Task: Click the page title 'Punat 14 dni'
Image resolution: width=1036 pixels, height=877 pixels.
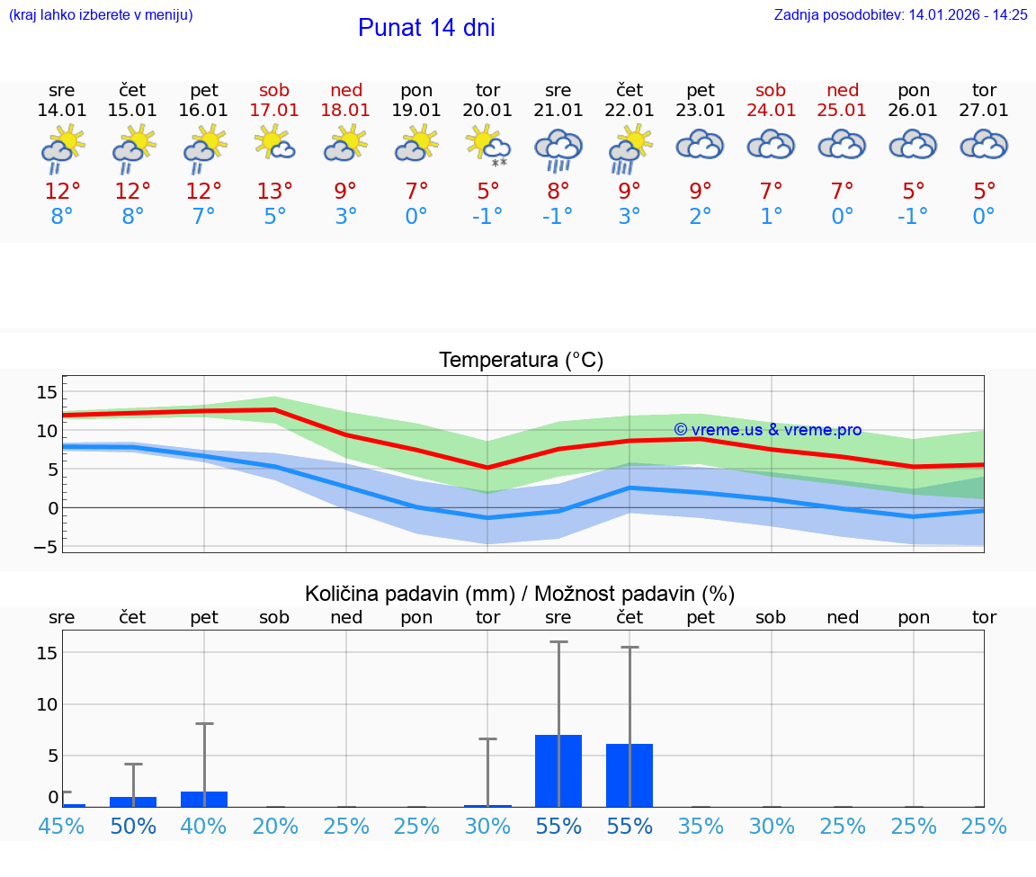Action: [x=426, y=28]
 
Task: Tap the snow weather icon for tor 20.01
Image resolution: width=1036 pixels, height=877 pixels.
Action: [x=487, y=147]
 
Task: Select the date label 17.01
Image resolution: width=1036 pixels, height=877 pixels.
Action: [x=274, y=111]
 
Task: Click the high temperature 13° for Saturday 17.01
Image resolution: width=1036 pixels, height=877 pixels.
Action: [x=274, y=192]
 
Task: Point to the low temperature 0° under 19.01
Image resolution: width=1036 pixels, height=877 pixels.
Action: [x=416, y=217]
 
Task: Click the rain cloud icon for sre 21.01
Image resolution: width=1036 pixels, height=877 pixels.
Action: [x=558, y=149]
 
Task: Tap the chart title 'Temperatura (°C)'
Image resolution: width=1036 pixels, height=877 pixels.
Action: [x=521, y=361]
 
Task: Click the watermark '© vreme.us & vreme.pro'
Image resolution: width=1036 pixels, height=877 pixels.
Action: [x=767, y=430]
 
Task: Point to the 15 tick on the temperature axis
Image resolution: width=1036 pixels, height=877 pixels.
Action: [x=47, y=392]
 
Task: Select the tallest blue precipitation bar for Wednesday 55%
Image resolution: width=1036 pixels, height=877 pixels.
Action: [x=558, y=771]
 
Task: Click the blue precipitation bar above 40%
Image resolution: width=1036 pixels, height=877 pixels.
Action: [x=204, y=799]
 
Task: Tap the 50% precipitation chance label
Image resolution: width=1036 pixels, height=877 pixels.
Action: [x=133, y=827]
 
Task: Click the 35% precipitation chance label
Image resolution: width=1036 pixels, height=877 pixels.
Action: [x=701, y=827]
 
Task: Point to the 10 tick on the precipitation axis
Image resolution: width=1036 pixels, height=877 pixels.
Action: [x=47, y=704]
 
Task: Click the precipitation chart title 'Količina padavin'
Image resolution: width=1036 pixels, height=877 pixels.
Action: [x=520, y=594]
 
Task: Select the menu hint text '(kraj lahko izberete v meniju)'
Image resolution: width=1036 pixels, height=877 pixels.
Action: [x=101, y=14]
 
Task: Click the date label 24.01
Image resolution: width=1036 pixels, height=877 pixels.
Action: [x=772, y=111]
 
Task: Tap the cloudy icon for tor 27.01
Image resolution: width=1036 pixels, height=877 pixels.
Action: [x=984, y=145]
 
